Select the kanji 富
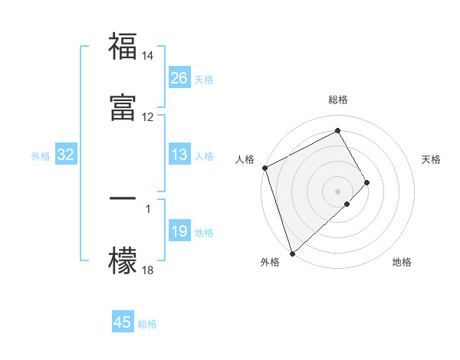pos(123,107)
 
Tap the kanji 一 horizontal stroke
pos(123,198)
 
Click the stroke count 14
pos(148,57)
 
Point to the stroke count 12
pos(148,117)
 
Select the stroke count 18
pos(148,270)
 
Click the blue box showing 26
pos(179,78)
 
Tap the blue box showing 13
pos(179,155)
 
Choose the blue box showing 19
pos(179,232)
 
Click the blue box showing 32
pos(66,155)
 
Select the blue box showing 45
pos(123,322)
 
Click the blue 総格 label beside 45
pos(147,324)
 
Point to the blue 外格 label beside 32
pos(41,156)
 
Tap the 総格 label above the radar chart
pos(338,100)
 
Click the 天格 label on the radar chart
pos(432,159)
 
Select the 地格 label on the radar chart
pos(402,262)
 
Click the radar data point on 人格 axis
pos(264,168)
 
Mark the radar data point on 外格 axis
pos(291,252)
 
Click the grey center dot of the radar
pos(337,191)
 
